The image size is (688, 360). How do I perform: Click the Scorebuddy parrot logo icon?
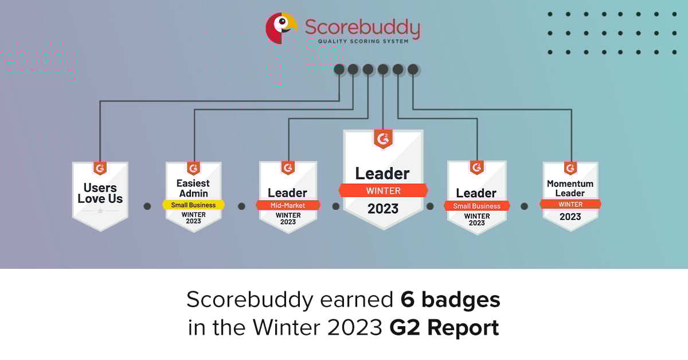281,28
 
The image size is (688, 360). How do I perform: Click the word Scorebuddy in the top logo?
362,27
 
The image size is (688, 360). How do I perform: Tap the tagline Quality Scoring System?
363,41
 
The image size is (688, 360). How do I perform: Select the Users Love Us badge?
100,195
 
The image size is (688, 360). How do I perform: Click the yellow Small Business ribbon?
193,205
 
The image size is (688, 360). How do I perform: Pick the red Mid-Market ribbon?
288,205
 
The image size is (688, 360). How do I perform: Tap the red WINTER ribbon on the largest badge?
383,190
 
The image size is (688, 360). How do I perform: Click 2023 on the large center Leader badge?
383,209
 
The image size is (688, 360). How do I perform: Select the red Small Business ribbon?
476,206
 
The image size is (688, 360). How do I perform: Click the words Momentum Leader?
570,189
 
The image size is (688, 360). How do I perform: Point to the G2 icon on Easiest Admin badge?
193,169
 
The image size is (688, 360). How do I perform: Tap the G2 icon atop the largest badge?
383,138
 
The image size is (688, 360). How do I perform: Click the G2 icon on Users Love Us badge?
100,169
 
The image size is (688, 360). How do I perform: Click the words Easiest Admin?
193,189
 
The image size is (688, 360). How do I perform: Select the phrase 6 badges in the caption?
447,300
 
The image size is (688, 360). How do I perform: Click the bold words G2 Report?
444,328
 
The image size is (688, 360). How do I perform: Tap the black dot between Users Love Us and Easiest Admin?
147,206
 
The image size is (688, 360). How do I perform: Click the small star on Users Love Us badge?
100,211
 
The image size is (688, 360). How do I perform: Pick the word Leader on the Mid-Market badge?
288,193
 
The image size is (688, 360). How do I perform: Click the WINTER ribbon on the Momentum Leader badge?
570,204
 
